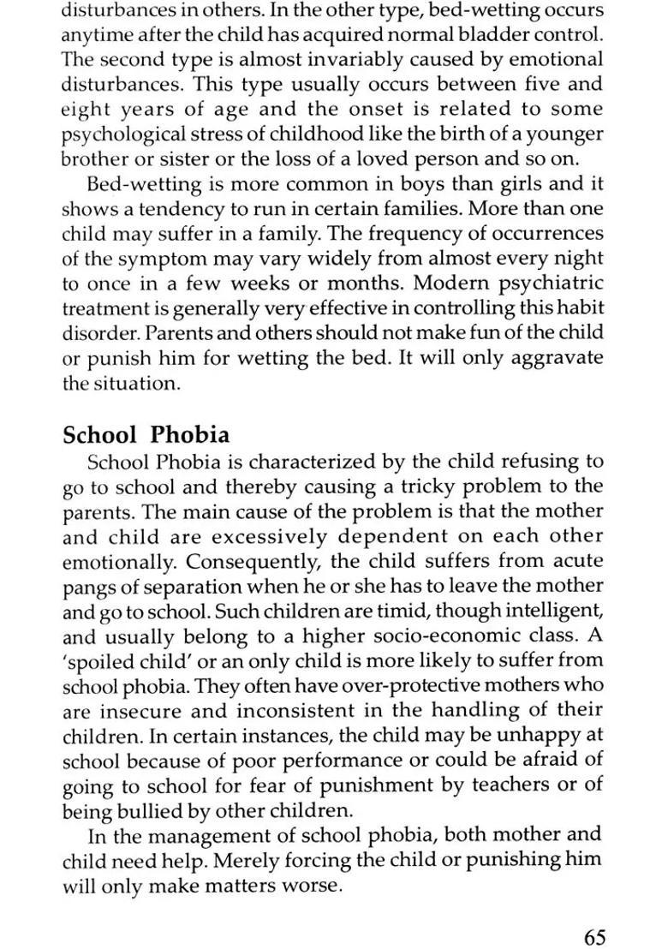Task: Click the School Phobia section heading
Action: [x=146, y=434]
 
